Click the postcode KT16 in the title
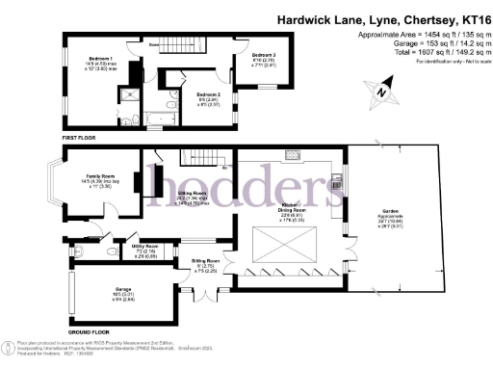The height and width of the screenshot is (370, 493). coord(470,18)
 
